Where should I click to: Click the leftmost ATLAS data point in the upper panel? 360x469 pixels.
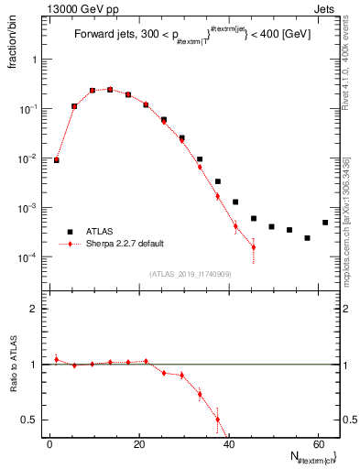point(57,159)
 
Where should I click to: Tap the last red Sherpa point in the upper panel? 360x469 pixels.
point(254,247)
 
